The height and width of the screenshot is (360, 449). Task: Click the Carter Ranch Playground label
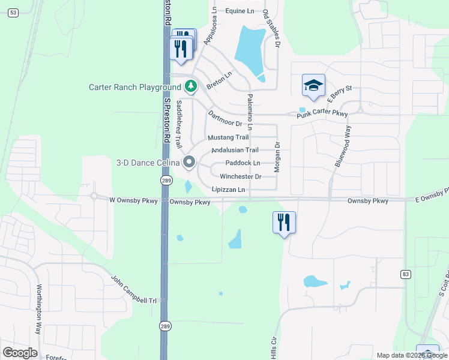[x=134, y=87]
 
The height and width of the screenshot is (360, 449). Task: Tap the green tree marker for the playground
[x=191, y=87]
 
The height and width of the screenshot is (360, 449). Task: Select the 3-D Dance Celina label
[x=148, y=163]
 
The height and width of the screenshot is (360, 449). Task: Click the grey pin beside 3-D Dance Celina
[x=190, y=162]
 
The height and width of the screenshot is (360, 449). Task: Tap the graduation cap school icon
[x=313, y=86]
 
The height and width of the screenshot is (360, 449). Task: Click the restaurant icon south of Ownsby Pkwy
[x=283, y=223]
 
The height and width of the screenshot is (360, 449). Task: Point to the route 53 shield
[x=13, y=13]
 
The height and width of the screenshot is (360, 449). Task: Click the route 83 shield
[x=406, y=274]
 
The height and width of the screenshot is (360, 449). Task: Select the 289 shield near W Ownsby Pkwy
[x=166, y=180]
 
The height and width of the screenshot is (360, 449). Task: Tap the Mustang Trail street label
[x=228, y=137]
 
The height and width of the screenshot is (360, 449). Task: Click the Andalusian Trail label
[x=235, y=150]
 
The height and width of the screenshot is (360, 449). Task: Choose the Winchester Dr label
[x=240, y=176]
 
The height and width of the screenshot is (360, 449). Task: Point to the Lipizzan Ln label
[x=228, y=190]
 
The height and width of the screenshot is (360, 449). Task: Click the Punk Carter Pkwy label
[x=322, y=113]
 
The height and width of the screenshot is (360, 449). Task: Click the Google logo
[x=20, y=353]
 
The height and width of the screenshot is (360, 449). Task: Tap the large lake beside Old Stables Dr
[x=249, y=51]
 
